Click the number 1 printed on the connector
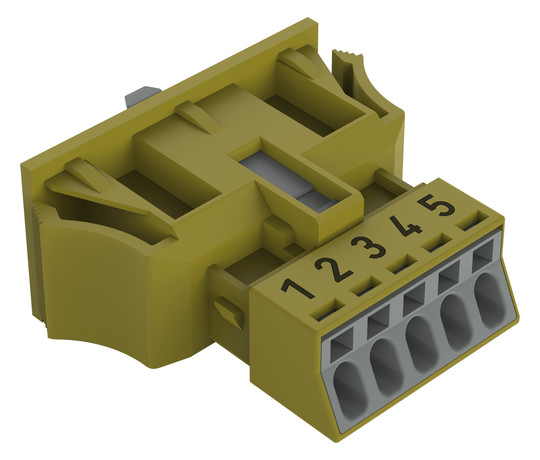pos(297,289)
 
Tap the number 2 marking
pos(333,269)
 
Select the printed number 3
pos(368,247)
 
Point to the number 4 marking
pos(405,226)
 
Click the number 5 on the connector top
pos(436,205)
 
